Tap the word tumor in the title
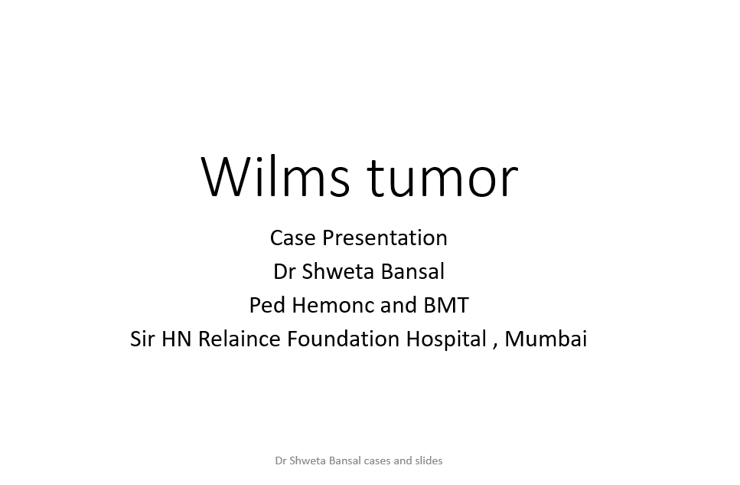click(443, 176)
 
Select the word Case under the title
click(292, 238)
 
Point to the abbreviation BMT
click(445, 305)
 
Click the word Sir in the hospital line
click(142, 339)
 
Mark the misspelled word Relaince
click(240, 339)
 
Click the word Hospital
click(446, 339)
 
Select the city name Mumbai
click(546, 339)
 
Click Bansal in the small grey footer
click(335, 460)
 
